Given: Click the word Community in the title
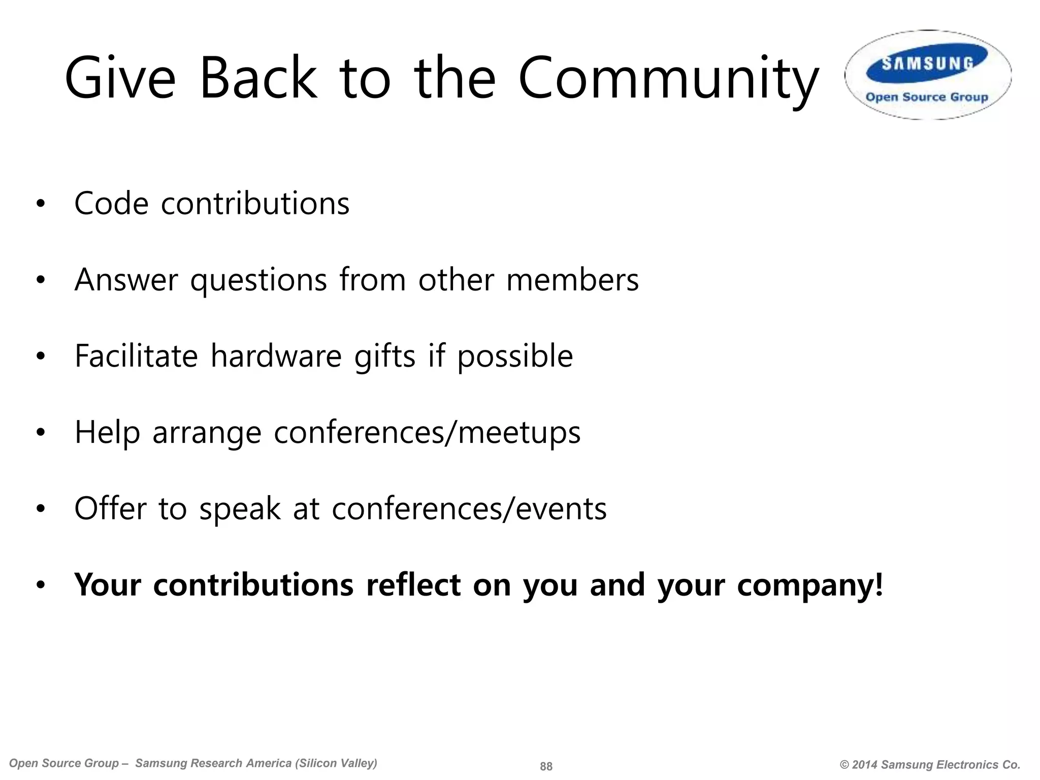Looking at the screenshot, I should tap(668, 79).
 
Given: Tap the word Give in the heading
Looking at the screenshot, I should tap(120, 79).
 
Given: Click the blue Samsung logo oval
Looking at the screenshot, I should tap(927, 63).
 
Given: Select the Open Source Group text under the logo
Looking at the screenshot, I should tap(927, 97).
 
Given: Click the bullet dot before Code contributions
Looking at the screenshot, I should tap(41, 204).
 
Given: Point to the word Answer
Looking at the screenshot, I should tap(126, 280).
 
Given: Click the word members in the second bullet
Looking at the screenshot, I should tap(572, 280).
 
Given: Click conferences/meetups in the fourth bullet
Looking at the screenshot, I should tap(427, 433).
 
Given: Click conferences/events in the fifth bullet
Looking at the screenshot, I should tap(469, 508).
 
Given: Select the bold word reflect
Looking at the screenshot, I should tap(413, 584).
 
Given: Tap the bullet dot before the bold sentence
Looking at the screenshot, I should tap(41, 586).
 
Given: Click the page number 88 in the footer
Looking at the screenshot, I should tap(546, 766).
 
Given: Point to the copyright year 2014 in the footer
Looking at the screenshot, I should tap(865, 765).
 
